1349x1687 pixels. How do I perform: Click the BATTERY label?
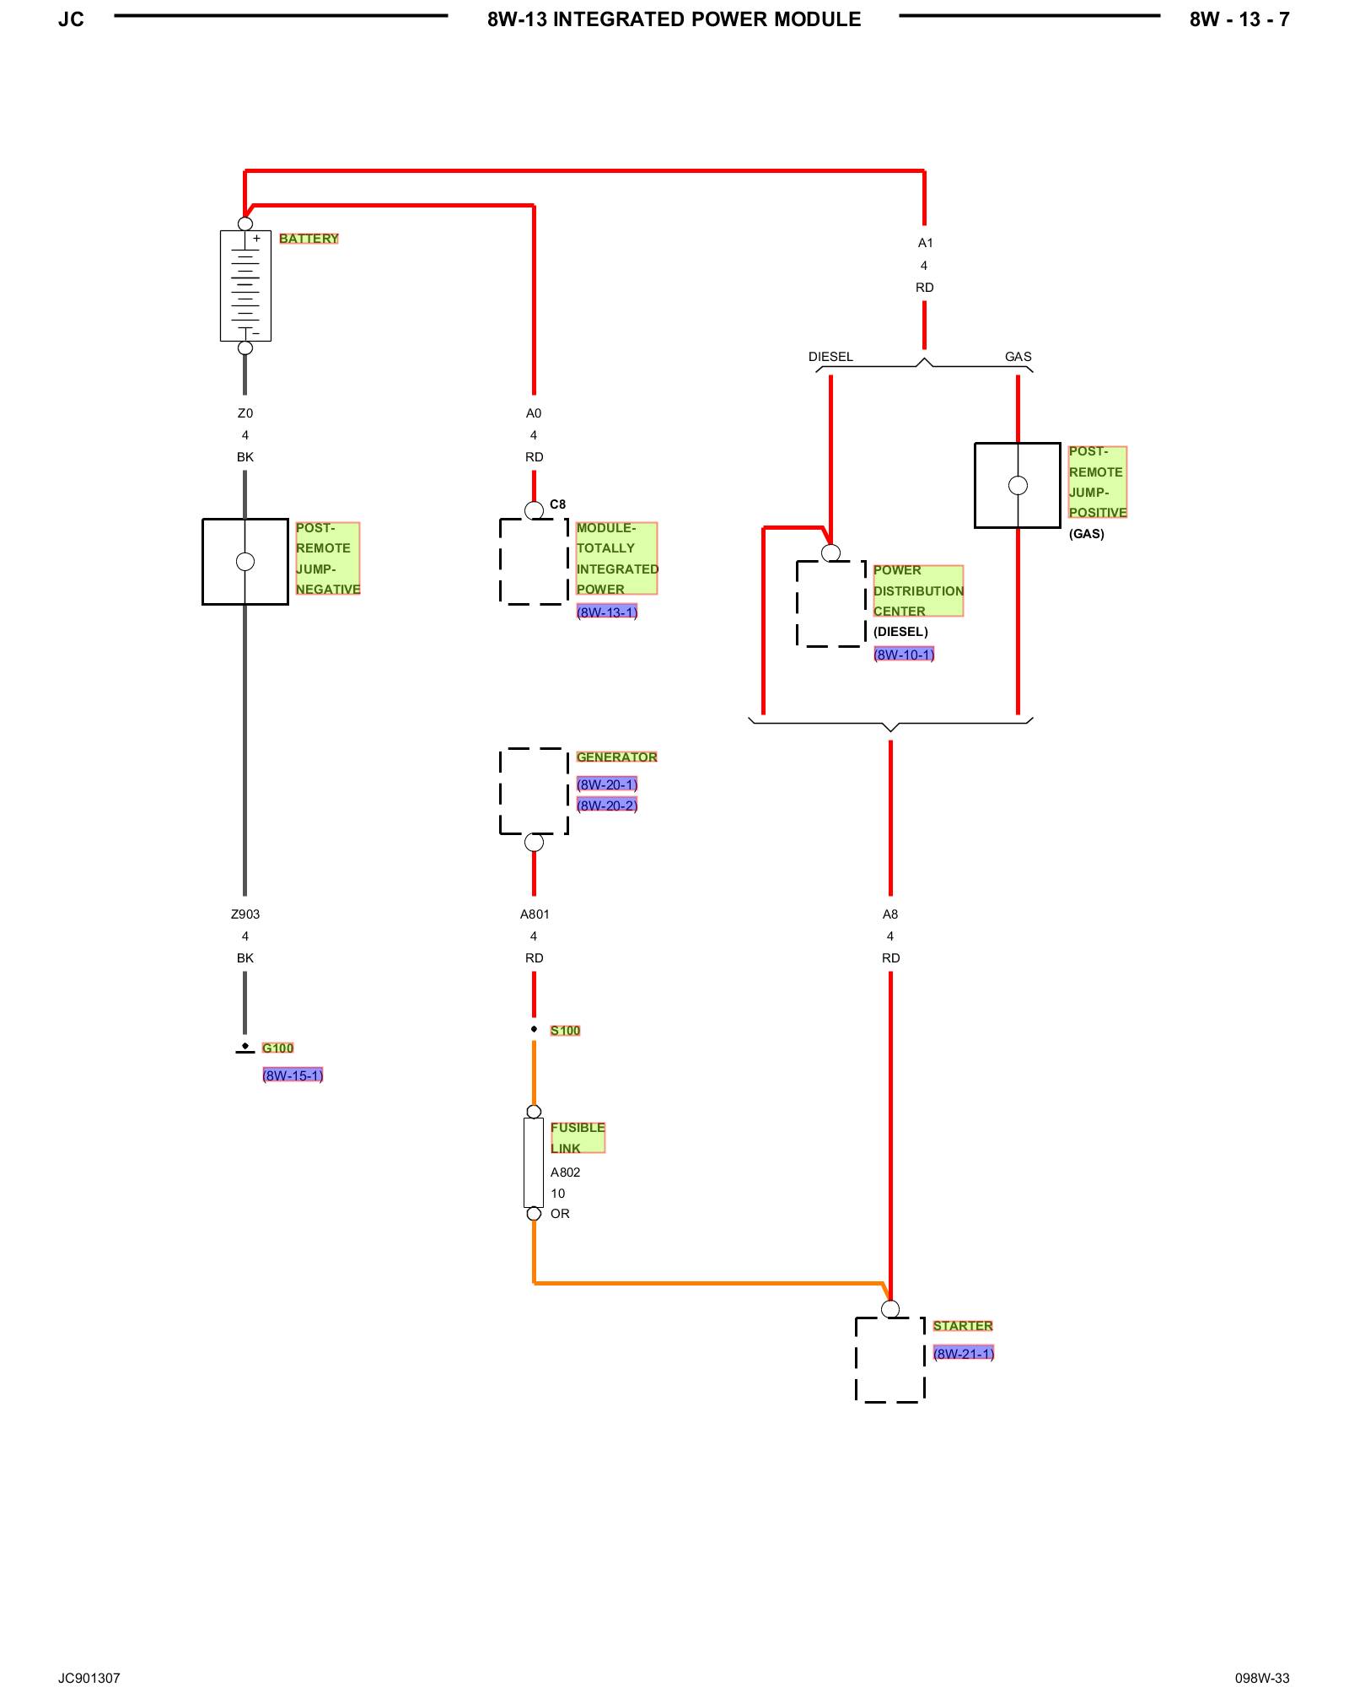point(309,239)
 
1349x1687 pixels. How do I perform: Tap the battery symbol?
point(245,285)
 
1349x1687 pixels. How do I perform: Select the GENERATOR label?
point(616,757)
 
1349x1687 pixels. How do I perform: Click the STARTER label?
point(963,1326)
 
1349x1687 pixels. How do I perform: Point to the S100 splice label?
point(565,1031)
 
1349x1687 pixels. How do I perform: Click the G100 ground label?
point(277,1048)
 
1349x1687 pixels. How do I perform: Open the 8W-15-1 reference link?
point(293,1075)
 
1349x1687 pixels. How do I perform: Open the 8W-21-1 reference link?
point(964,1354)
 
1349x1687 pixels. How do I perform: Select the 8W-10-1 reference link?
point(904,655)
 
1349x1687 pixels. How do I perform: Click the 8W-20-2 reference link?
point(607,806)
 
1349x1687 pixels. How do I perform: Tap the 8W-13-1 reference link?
point(607,612)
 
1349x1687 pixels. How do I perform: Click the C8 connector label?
point(557,504)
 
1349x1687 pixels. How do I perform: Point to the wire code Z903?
point(245,914)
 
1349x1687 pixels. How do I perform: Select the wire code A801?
point(535,914)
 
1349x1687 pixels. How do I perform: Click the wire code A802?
point(565,1172)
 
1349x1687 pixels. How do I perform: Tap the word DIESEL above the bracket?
point(830,357)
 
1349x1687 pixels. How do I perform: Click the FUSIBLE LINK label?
point(578,1138)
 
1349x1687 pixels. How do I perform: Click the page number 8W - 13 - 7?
point(1239,19)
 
